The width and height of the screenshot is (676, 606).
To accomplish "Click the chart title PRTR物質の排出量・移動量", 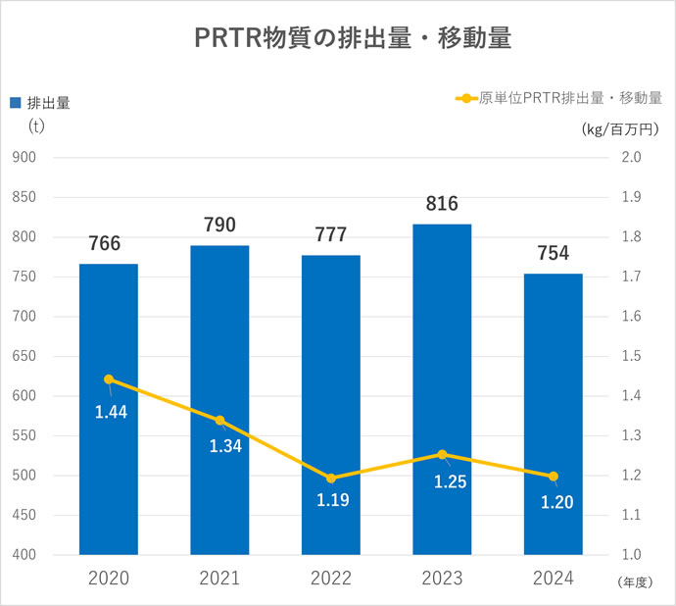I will [339, 38].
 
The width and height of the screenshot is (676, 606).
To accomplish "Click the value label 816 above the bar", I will [442, 204].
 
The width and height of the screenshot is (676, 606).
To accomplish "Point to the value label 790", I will [219, 226].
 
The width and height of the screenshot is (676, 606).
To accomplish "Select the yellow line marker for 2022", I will [331, 479].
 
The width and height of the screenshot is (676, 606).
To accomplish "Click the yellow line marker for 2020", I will [108, 379].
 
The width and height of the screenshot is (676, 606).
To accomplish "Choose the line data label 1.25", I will [450, 481].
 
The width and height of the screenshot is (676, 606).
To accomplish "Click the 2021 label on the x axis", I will [219, 580].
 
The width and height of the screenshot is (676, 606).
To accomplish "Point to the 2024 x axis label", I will [553, 580].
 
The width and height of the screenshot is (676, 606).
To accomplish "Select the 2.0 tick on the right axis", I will [631, 157].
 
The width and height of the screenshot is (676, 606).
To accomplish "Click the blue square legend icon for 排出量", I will [15, 102].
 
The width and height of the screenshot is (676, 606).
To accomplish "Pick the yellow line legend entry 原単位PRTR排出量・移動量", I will [558, 98].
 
